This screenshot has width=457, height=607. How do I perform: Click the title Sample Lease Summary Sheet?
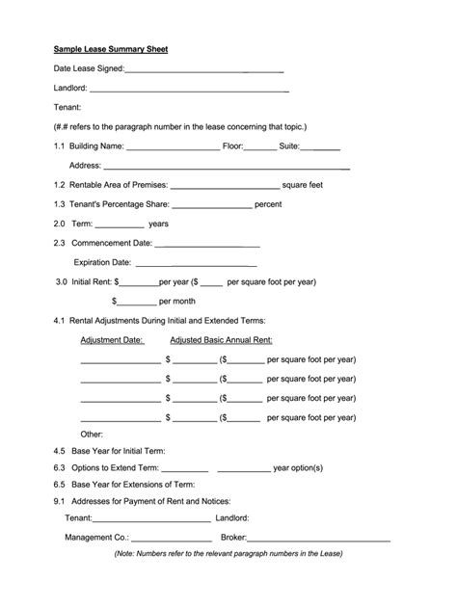click(111, 48)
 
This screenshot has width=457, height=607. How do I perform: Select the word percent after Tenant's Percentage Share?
click(268, 204)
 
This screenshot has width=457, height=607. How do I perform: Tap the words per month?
click(177, 301)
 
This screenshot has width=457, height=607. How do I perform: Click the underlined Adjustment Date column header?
click(112, 340)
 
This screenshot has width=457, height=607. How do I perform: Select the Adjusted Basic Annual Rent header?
click(221, 340)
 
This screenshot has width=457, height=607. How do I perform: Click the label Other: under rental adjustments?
click(92, 434)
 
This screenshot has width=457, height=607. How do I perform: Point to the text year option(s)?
click(298, 468)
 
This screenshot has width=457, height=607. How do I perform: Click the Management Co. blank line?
click(170, 538)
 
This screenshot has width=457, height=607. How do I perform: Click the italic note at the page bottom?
click(228, 554)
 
